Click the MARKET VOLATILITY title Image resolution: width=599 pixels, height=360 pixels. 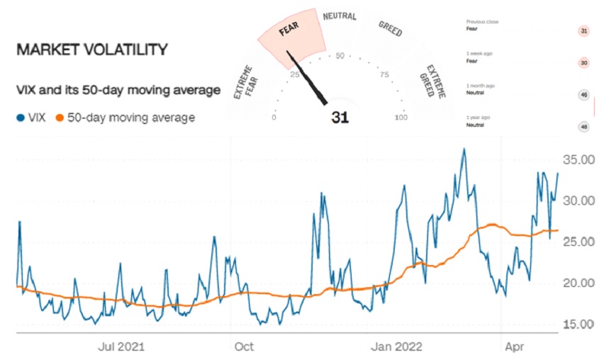[x=91, y=50]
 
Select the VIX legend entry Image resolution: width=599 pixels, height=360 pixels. [x=31, y=118]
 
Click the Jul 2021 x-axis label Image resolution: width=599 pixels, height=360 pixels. [x=121, y=347]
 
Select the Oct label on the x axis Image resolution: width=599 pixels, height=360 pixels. [x=243, y=347]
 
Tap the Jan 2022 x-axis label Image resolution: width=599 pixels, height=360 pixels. [x=396, y=347]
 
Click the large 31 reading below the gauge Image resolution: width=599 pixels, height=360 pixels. [x=340, y=118]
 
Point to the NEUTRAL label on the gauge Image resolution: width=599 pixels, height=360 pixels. [x=340, y=16]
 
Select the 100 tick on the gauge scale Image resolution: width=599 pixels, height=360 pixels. [x=401, y=118]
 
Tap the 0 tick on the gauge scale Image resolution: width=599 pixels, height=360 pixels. [x=274, y=118]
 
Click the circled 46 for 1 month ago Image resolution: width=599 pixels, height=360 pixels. [x=584, y=94]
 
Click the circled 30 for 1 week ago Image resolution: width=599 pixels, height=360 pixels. [x=584, y=62]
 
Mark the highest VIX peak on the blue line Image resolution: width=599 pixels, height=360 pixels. [x=464, y=150]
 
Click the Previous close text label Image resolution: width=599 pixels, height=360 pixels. [x=482, y=22]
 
